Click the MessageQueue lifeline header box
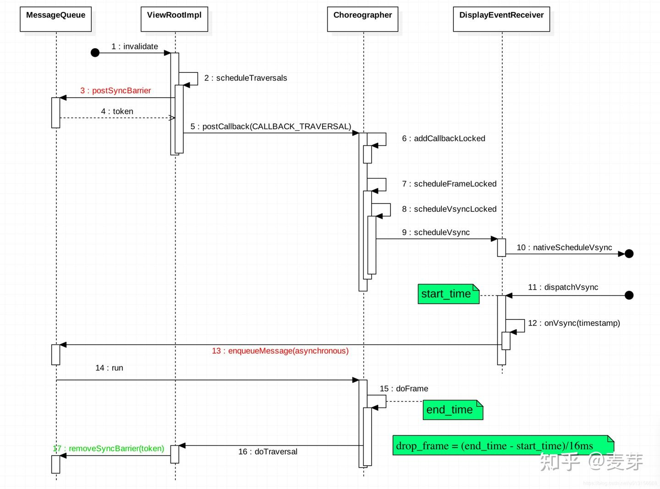click(55, 19)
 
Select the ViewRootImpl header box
click(174, 19)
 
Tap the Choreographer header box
click(363, 19)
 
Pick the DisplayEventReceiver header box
click(501, 19)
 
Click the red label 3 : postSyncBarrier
click(115, 91)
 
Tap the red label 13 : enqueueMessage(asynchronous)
click(280, 351)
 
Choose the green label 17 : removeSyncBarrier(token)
click(109, 449)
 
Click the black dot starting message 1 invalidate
click(95, 53)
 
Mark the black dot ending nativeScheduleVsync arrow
click(629, 254)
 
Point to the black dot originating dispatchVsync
click(629, 296)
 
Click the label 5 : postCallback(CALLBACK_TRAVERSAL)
click(270, 126)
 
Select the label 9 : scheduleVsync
click(435, 232)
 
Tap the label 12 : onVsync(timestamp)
click(574, 323)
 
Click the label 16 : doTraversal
click(268, 452)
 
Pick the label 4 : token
click(117, 111)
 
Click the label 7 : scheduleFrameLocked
click(449, 184)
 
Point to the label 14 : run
click(109, 368)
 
